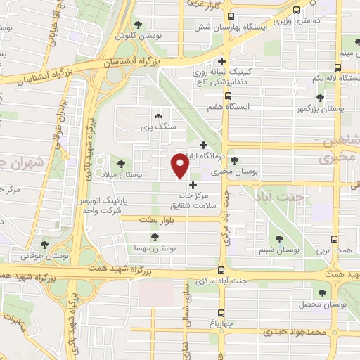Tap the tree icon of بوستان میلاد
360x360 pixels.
pos(121,163)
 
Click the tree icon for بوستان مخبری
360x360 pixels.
pos(234,160)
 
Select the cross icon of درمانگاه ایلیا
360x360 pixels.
pos(204,146)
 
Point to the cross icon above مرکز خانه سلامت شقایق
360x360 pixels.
pos(193,186)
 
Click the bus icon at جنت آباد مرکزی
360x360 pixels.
pos(221,271)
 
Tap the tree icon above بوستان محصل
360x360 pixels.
pos(323,292)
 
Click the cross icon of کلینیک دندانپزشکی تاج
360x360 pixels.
pos(222,60)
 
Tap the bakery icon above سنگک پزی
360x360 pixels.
pos(157,117)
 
